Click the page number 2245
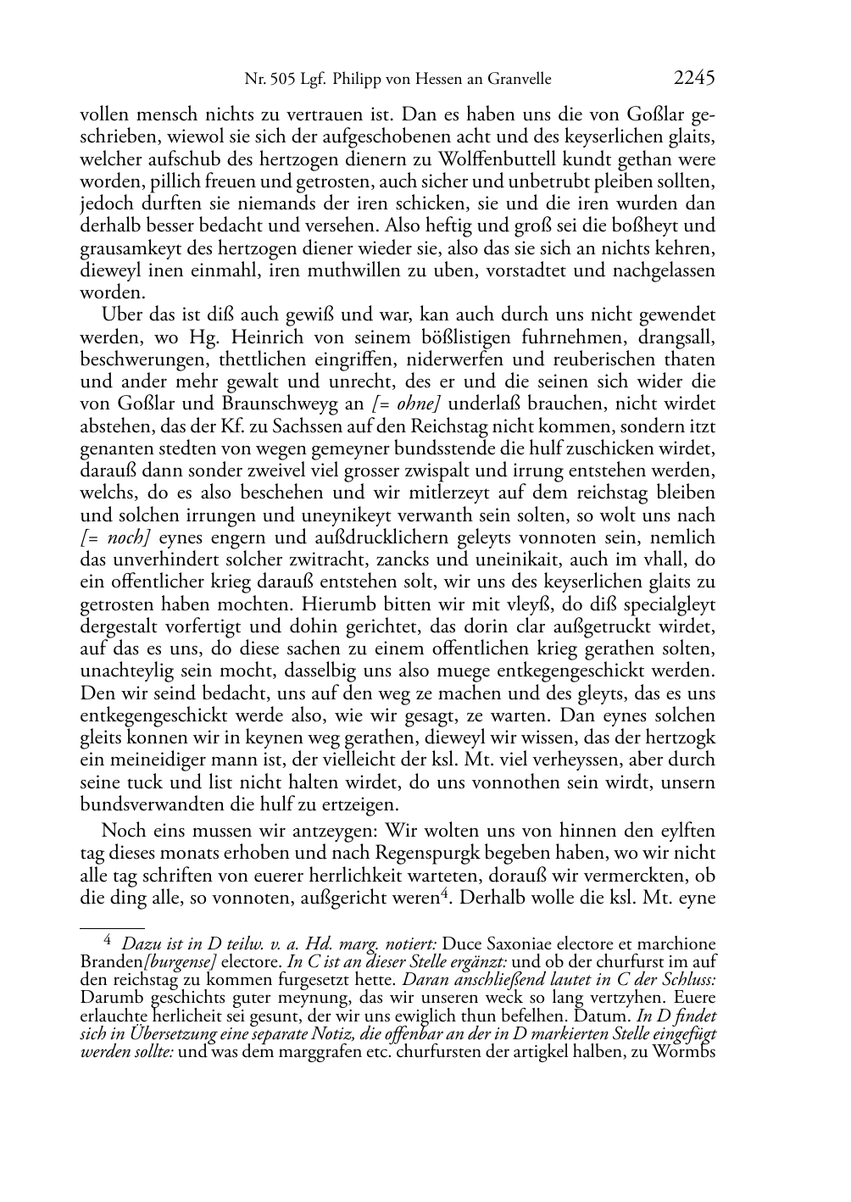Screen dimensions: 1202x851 click(x=694, y=79)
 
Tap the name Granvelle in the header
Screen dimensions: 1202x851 click(x=516, y=80)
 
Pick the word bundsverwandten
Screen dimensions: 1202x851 click(x=146, y=804)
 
